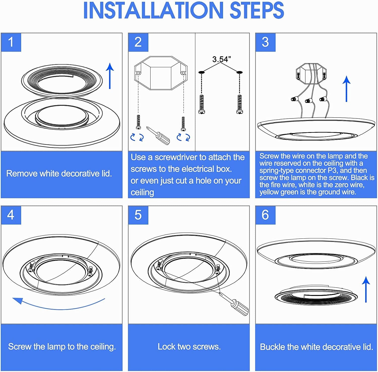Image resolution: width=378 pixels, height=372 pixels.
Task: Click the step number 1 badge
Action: tap(11, 42)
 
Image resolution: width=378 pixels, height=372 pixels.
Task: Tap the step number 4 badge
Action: tap(11, 215)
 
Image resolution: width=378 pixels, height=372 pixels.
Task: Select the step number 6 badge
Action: tap(265, 215)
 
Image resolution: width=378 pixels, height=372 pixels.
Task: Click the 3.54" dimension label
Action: tap(221, 59)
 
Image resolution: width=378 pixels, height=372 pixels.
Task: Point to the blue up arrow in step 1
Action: tap(110, 76)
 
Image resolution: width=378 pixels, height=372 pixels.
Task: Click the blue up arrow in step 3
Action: tap(347, 89)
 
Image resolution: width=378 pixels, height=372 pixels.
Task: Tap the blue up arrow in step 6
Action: tap(366, 289)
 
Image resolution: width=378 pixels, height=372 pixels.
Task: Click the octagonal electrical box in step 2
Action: tap(161, 73)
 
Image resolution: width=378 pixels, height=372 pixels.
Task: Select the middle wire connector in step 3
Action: tap(309, 101)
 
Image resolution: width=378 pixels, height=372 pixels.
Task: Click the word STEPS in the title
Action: tap(257, 11)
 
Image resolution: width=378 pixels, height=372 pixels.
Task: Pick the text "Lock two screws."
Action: tap(189, 346)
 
